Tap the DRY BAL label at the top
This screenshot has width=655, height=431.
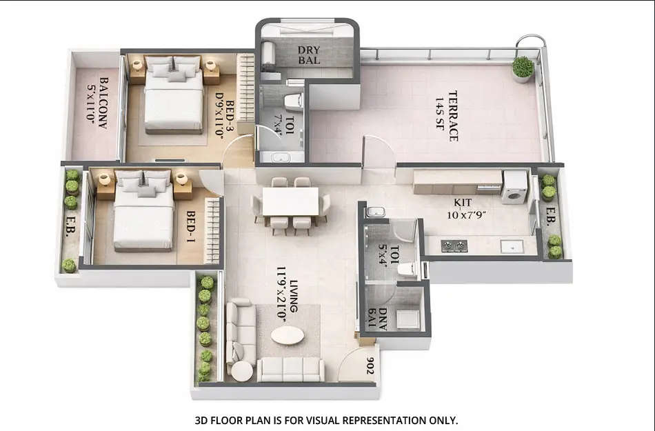pyautogui.click(x=309, y=55)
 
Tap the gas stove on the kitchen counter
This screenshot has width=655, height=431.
pyautogui.click(x=454, y=245)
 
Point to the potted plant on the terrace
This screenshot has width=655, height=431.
pyautogui.click(x=523, y=68)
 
